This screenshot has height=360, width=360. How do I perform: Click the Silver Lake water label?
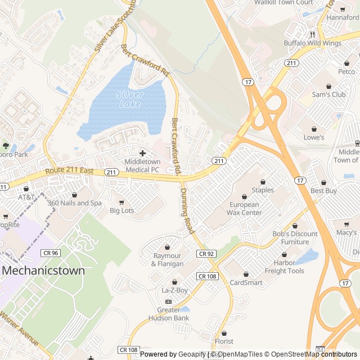coord(130,99)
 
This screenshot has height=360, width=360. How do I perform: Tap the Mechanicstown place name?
coord(43,270)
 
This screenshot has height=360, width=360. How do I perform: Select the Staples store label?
coord(263,190)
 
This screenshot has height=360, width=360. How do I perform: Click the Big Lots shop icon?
coord(120,202)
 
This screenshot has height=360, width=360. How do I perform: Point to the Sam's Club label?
coord(328,94)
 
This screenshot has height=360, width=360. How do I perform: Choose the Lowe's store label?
coord(314,137)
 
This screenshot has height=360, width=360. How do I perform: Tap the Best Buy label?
coord(323,191)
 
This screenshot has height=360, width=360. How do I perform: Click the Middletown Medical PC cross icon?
coord(142,153)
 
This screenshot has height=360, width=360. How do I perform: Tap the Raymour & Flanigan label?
coord(167,260)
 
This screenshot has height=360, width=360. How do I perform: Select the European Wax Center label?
coord(244,209)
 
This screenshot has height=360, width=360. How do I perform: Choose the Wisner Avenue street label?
coord(19,329)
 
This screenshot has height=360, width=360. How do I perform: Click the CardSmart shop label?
coord(246,283)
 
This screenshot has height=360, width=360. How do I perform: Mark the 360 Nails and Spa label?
coord(74,203)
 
